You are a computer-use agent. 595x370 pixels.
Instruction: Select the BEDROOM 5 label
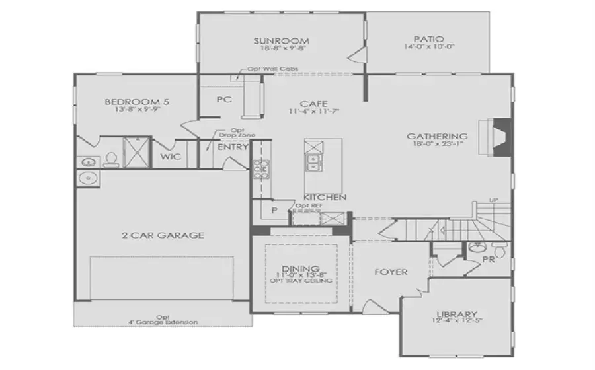pyautogui.click(x=138, y=102)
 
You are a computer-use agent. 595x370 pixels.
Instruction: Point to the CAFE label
pyautogui.click(x=311, y=104)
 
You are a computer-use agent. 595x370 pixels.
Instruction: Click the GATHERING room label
pyautogui.click(x=437, y=136)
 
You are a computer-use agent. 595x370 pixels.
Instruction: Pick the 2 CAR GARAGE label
pyautogui.click(x=162, y=235)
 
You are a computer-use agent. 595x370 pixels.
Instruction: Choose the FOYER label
pyautogui.click(x=391, y=272)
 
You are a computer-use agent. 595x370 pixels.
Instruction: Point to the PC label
pyautogui.click(x=223, y=99)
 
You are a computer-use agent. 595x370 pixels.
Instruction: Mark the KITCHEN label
pyautogui.click(x=325, y=197)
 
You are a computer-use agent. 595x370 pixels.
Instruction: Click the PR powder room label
pyautogui.click(x=489, y=260)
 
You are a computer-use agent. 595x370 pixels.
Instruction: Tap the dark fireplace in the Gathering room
pyautogui.click(x=503, y=137)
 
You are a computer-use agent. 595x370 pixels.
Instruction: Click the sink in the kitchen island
pyautogui.click(x=310, y=161)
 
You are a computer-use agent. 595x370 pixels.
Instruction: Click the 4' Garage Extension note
pyautogui.click(x=163, y=322)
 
